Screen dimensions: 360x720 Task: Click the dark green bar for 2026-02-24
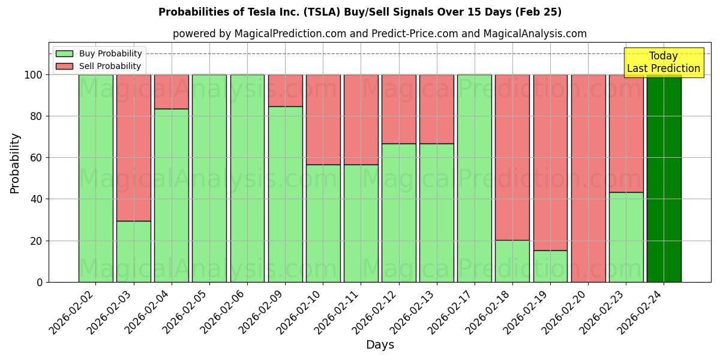pyautogui.click(x=664, y=178)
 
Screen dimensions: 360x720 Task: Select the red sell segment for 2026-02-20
pyautogui.click(x=588, y=178)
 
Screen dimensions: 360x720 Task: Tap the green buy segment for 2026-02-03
pyautogui.click(x=133, y=251)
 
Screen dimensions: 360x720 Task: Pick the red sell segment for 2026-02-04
pyautogui.click(x=172, y=91)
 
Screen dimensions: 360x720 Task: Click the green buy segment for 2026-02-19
pyautogui.click(x=550, y=266)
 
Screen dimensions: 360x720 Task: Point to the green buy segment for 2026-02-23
pyautogui.click(x=626, y=237)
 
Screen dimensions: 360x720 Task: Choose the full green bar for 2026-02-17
pyautogui.click(x=475, y=178)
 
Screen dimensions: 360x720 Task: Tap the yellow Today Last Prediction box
pyautogui.click(x=664, y=62)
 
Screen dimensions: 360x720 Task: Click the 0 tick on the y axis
pyautogui.click(x=40, y=282)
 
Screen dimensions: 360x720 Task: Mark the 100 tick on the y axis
pyautogui.click(x=34, y=75)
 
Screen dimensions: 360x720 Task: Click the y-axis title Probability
pyautogui.click(x=15, y=163)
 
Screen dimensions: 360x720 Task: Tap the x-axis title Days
pyautogui.click(x=380, y=345)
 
